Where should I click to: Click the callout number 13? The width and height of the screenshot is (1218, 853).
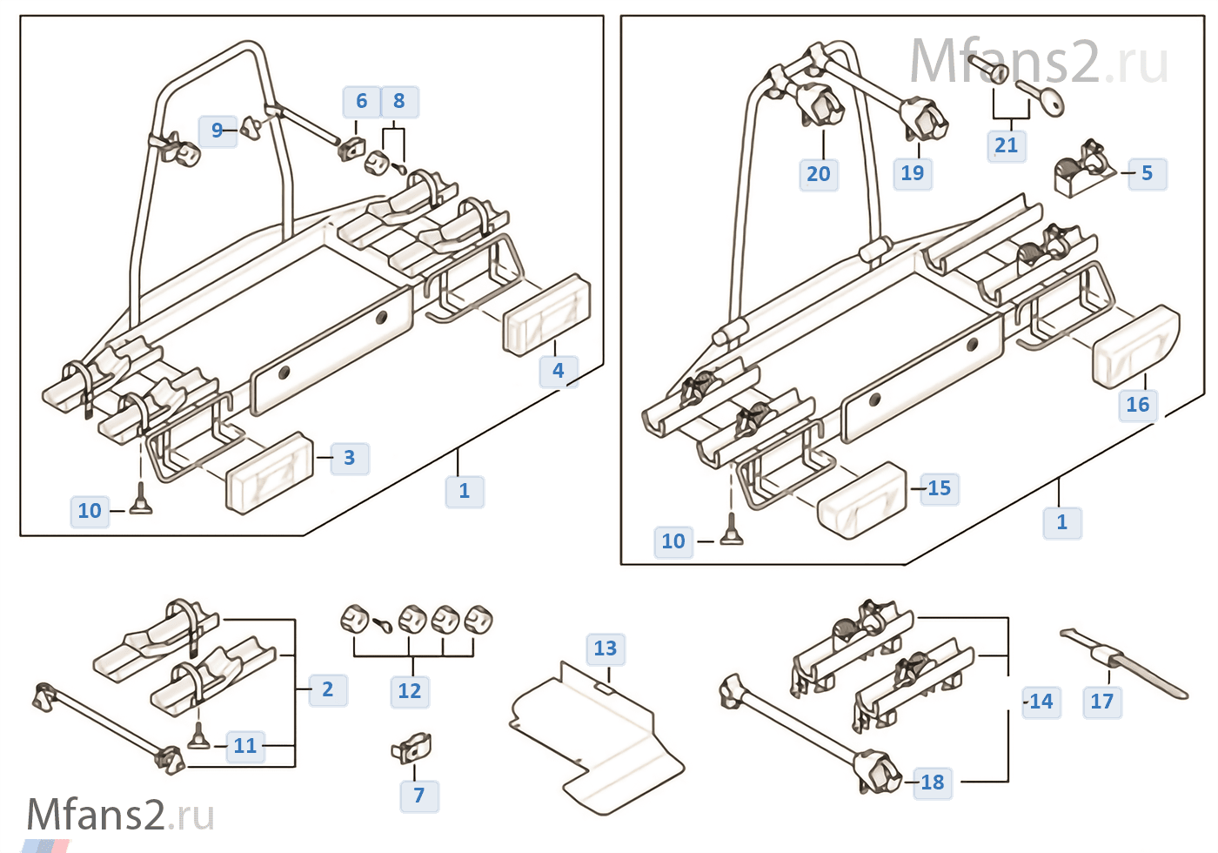click(605, 648)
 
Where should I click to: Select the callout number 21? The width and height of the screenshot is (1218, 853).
click(1006, 145)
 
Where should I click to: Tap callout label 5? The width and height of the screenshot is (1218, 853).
click(1147, 173)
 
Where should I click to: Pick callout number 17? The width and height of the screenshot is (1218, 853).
click(1101, 702)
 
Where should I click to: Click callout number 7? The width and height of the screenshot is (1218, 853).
click(418, 796)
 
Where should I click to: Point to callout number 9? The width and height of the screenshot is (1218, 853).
click(217, 131)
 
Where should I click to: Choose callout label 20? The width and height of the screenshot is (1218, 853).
click(818, 174)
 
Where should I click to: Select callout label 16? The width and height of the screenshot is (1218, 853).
click(1137, 405)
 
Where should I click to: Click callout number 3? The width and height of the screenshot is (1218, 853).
click(349, 458)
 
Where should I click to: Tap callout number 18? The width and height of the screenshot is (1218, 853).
click(932, 782)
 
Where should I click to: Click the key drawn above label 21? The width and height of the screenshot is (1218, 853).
click(1040, 96)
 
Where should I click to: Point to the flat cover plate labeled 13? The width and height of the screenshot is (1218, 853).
click(600, 740)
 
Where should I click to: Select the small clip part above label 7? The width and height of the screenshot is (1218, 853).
click(412, 747)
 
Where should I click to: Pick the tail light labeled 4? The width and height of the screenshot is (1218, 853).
click(546, 315)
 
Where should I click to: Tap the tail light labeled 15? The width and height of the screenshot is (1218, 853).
click(861, 500)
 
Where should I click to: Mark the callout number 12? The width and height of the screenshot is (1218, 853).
click(409, 691)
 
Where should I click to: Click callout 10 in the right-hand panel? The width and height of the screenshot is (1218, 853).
click(673, 541)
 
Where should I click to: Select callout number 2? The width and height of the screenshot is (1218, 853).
click(327, 689)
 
